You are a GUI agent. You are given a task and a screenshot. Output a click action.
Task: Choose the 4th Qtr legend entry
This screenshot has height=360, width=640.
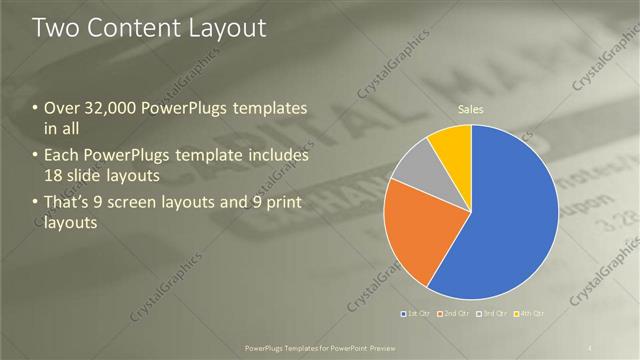point(530,314)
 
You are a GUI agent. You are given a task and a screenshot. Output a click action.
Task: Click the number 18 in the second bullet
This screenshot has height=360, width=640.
point(55,174)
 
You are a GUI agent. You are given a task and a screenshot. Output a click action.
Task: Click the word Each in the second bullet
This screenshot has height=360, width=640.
point(63,156)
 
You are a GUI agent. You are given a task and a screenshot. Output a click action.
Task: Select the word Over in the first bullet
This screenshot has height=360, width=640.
point(63,108)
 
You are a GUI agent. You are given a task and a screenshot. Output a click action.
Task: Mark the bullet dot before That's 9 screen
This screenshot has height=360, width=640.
point(36,204)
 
